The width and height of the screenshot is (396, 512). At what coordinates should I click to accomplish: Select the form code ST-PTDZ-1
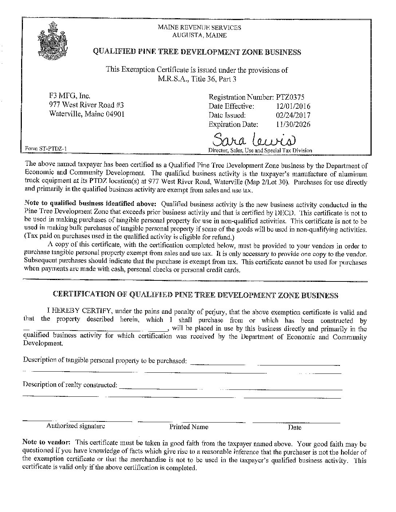(x=45, y=148)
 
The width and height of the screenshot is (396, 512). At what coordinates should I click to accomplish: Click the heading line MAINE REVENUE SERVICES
(x=199, y=27)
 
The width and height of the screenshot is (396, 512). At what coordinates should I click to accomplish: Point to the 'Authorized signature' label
(x=76, y=426)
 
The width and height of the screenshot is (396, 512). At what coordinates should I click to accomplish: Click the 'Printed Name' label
(x=189, y=427)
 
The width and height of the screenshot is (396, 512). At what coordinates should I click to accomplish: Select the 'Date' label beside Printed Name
(x=294, y=427)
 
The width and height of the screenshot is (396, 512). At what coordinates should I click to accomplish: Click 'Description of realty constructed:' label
(x=70, y=385)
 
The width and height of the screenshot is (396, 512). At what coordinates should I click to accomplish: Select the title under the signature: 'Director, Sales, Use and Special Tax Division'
(x=260, y=150)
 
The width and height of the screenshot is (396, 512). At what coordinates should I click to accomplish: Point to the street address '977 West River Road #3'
(x=87, y=105)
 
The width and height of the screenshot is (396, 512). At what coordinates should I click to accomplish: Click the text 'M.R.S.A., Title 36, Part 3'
(x=197, y=79)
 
